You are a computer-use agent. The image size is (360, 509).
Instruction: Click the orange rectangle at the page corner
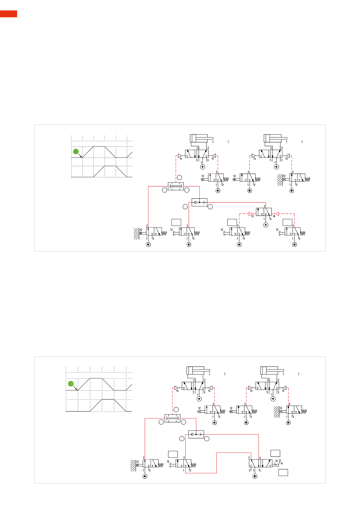[x=9, y=14]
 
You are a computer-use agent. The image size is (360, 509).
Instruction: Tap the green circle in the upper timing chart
[x=76, y=151]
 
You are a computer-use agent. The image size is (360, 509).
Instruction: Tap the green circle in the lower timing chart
[x=71, y=384]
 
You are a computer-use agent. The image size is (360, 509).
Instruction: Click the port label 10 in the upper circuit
[x=274, y=216]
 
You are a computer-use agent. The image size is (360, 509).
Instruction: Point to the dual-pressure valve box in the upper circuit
[x=176, y=186]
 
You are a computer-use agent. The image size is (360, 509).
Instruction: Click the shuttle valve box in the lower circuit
[x=196, y=434]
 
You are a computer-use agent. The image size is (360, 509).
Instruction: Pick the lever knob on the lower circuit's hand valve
[x=280, y=460]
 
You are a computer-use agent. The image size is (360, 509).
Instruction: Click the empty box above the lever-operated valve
[x=275, y=453]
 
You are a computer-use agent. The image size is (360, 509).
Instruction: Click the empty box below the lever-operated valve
[x=283, y=472]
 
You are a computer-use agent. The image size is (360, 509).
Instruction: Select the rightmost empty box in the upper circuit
[x=287, y=222]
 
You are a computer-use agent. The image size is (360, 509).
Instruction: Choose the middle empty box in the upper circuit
[x=232, y=222]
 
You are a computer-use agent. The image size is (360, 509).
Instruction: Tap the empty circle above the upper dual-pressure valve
[x=179, y=177]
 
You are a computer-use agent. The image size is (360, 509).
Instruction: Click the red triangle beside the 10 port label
[x=277, y=214]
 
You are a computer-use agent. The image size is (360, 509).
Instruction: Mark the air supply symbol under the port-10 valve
[x=266, y=225]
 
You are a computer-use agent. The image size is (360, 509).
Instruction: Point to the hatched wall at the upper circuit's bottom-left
[x=137, y=233]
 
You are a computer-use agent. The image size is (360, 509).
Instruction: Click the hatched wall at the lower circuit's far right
[x=276, y=412]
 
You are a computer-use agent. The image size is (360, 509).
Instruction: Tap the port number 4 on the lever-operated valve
[x=260, y=458]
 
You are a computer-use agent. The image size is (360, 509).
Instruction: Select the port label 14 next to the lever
[x=282, y=463]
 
